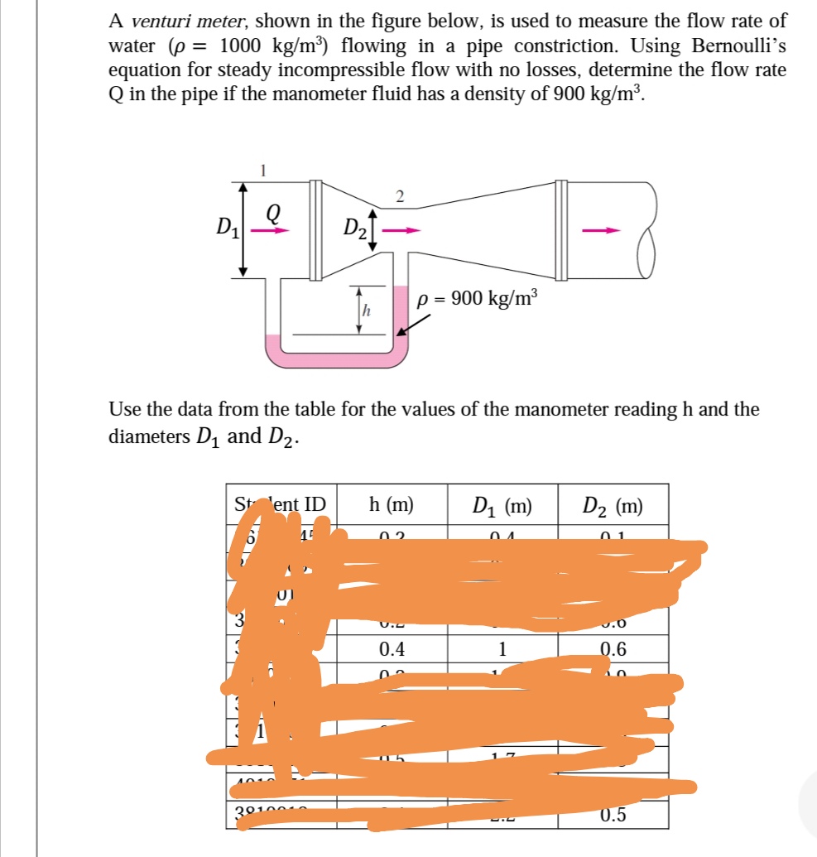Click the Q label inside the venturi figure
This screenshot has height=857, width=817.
click(x=271, y=213)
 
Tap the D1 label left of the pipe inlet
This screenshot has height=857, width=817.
click(x=224, y=224)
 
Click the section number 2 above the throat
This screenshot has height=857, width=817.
click(x=400, y=196)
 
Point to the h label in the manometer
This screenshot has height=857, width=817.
click(x=368, y=311)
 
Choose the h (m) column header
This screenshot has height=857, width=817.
click(x=392, y=504)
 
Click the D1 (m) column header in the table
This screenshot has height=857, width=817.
click(x=502, y=505)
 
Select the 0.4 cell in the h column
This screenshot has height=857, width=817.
click(x=392, y=649)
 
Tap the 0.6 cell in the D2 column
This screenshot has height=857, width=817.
click(x=613, y=649)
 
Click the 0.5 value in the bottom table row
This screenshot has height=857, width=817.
click(x=613, y=815)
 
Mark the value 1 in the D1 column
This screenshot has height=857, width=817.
click(x=502, y=649)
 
